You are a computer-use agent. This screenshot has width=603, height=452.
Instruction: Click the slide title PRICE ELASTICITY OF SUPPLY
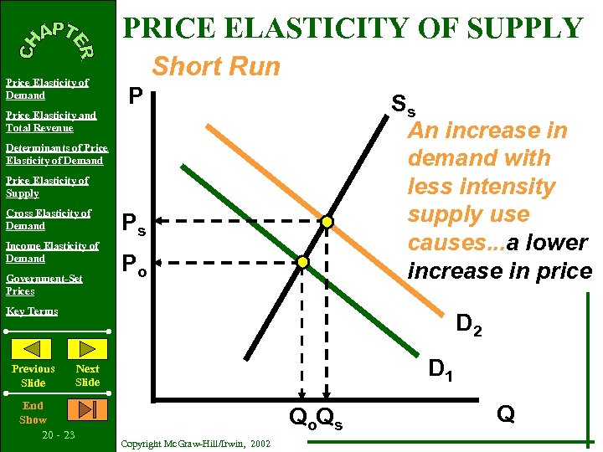pos(353,28)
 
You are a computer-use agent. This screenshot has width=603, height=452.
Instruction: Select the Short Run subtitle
pos(216,67)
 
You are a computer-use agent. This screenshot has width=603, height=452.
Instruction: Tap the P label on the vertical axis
pos(135,98)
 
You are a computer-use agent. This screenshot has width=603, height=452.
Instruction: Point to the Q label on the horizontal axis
pos(505,413)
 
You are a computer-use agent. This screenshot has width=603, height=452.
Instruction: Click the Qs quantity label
pos(330,417)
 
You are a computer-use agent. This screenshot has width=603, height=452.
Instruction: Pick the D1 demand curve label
pos(441,368)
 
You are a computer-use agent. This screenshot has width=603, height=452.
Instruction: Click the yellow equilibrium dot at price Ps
pos(327,222)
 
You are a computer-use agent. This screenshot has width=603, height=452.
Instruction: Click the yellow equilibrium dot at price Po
pos(303,262)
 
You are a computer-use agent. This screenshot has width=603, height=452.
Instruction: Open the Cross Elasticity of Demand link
pos(48,219)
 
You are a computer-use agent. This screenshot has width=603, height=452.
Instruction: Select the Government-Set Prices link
pos(44,285)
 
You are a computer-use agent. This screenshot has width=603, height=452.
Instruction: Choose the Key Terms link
pos(32,311)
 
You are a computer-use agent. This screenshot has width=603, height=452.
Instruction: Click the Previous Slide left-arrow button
pos(33,349)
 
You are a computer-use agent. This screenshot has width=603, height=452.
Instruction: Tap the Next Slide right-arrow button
pos(87,349)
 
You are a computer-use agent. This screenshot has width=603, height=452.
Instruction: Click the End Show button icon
pos(87,409)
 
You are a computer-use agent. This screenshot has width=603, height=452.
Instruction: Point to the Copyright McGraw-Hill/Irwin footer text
pos(195,443)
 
